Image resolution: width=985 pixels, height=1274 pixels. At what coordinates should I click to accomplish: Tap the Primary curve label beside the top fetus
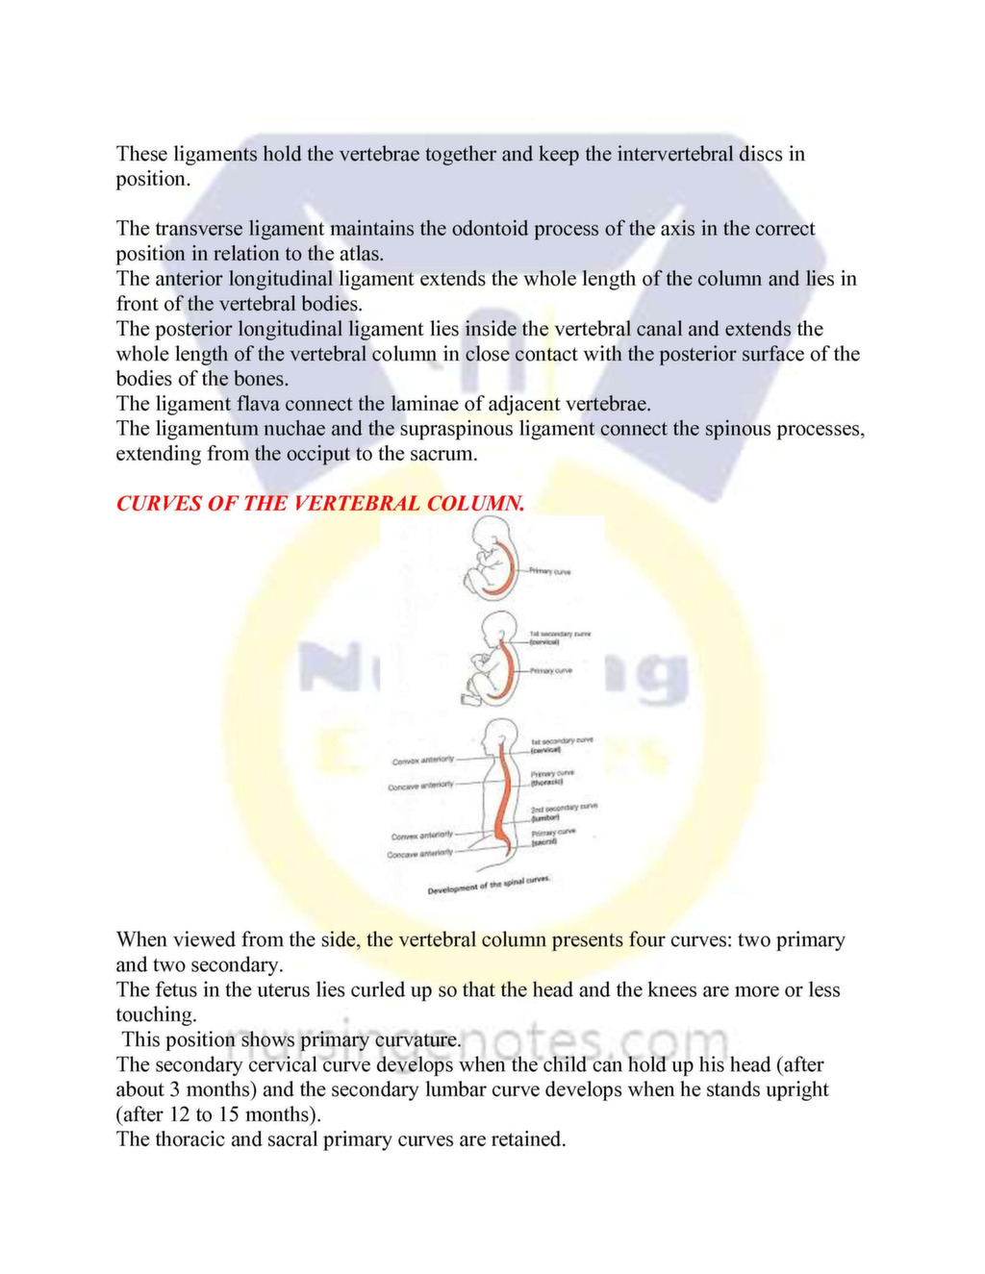[x=550, y=572]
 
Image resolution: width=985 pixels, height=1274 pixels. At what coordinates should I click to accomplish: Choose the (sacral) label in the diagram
[x=544, y=841]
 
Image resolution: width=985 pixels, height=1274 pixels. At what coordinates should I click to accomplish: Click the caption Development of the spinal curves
[x=489, y=886]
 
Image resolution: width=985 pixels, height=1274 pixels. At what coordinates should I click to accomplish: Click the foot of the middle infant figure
[x=472, y=699]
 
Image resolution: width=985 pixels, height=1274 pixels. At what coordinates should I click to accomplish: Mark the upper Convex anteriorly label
[x=422, y=761]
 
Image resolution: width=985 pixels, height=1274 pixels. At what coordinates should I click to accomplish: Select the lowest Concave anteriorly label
[x=419, y=854]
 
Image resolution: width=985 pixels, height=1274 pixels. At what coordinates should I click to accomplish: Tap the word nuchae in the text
[x=298, y=429]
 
